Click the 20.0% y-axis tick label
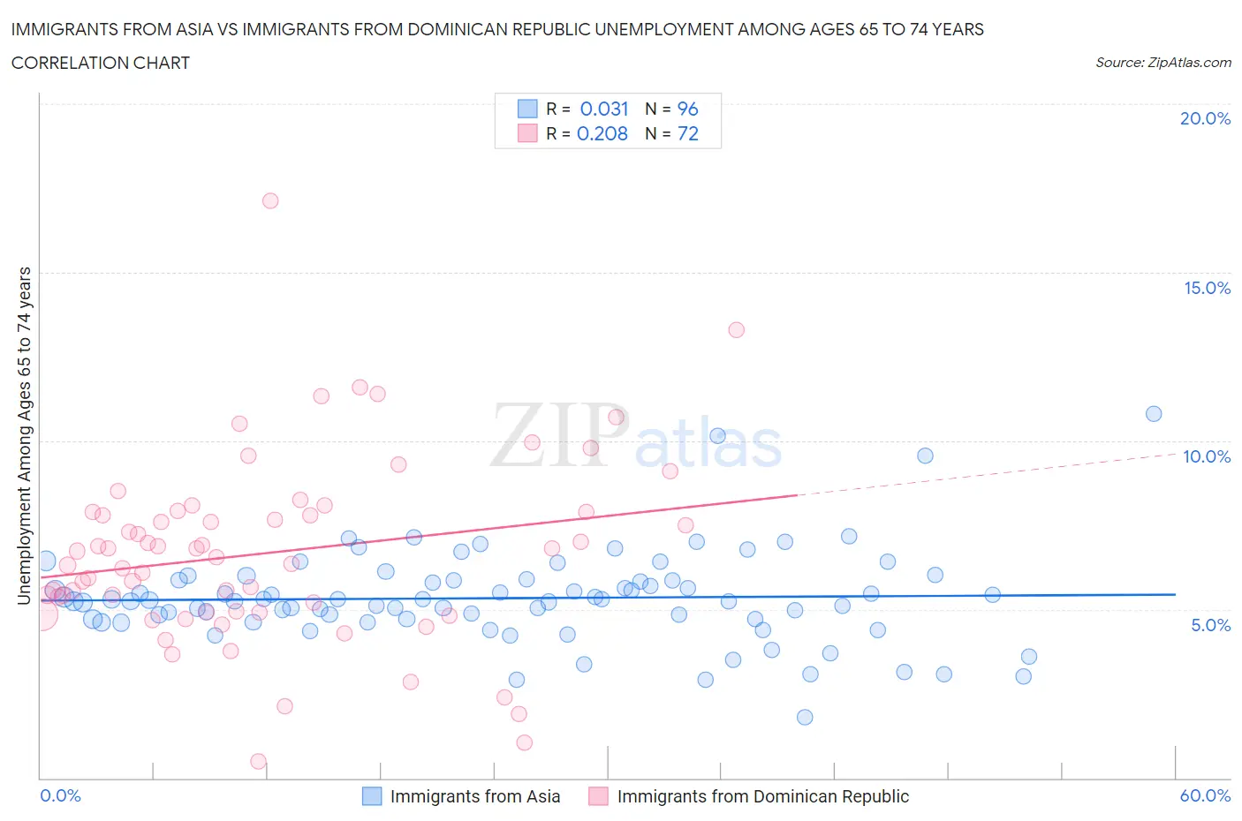click(1205, 118)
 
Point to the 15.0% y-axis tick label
click(1207, 288)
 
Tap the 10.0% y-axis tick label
click(1207, 456)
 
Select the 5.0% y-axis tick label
click(1210, 625)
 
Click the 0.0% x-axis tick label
click(60, 795)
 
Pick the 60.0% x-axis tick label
click(1205, 795)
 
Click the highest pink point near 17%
click(270, 200)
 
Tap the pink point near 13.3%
click(736, 330)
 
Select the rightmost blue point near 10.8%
click(1154, 414)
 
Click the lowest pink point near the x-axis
click(259, 761)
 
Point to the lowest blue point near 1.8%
click(805, 717)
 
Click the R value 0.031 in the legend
click(604, 109)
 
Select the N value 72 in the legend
click(687, 133)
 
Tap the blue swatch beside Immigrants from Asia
click(373, 796)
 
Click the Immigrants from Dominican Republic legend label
click(762, 796)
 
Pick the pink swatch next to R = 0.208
click(527, 133)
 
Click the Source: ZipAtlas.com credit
click(1162, 63)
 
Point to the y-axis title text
click(24, 435)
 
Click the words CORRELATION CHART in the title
click(101, 63)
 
